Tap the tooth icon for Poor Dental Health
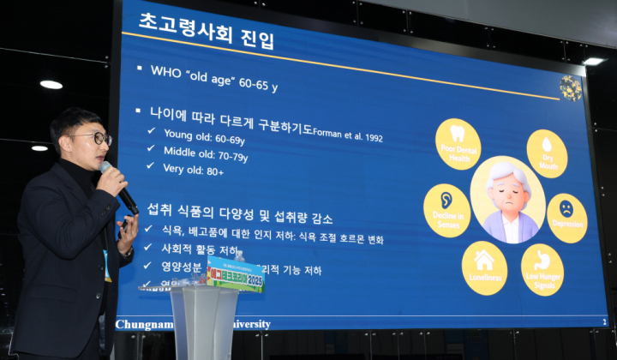[x=458, y=136]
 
